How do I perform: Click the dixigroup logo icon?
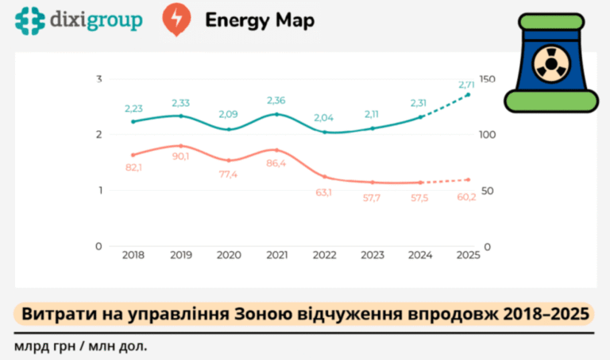point(29,21)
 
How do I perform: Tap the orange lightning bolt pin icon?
point(176,19)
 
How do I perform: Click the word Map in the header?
point(295,21)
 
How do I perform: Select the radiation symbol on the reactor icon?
point(551,64)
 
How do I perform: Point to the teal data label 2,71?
point(466,84)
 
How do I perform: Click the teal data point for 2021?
point(276,114)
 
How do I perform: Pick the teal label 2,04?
point(324,118)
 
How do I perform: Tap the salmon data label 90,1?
point(180,157)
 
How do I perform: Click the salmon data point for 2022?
point(325,176)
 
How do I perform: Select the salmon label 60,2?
point(466,197)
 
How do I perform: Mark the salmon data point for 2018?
point(133,155)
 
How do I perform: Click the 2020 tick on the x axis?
point(229,255)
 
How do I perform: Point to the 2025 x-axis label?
point(469,255)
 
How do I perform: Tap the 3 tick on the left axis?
point(99,79)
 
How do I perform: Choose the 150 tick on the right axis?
point(487,79)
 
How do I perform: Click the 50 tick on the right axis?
point(488,191)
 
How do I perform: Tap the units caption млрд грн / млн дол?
point(81,346)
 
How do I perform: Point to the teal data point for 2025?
point(468,95)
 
